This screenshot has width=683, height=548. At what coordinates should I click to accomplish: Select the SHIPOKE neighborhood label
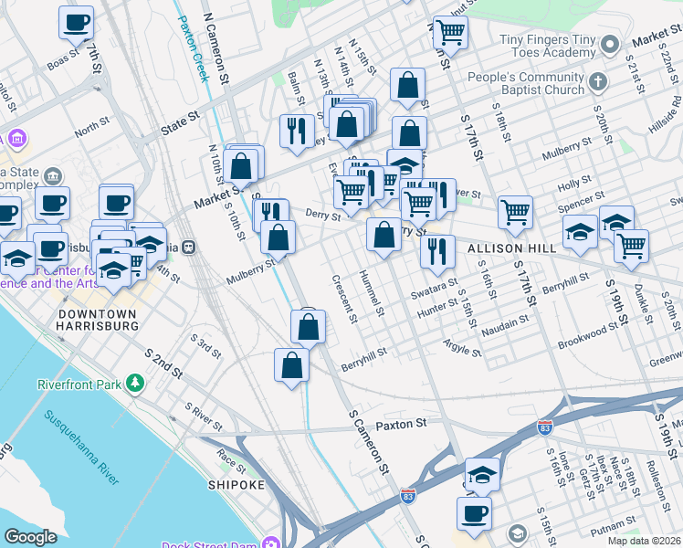(x=236, y=484)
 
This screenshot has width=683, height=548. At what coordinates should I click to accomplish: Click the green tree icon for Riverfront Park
(x=136, y=383)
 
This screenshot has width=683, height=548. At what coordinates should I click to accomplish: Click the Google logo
(x=30, y=537)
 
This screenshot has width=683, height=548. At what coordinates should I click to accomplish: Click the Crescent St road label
(x=343, y=300)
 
